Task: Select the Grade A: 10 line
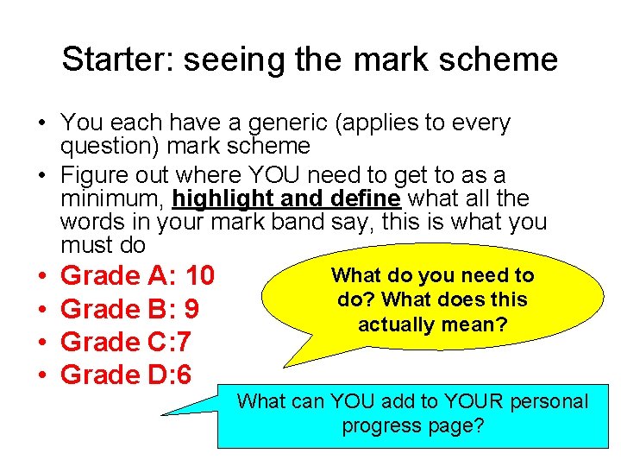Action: tap(138, 276)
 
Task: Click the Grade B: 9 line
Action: tap(130, 309)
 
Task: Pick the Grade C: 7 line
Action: tap(127, 342)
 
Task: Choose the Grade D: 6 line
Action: tap(127, 375)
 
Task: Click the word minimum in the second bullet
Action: tap(113, 198)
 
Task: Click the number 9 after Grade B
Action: tap(191, 309)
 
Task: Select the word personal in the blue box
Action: tap(547, 401)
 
